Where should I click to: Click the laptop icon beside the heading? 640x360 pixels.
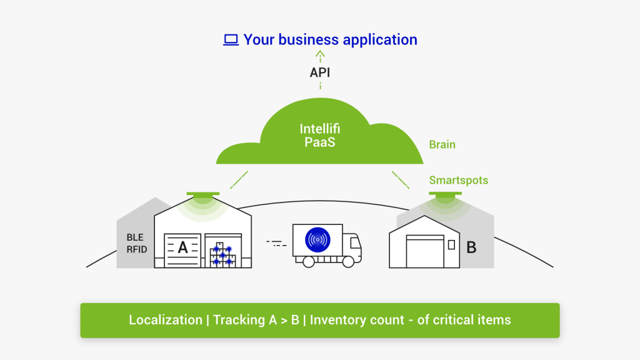point(231,41)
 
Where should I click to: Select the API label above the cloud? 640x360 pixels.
point(320,72)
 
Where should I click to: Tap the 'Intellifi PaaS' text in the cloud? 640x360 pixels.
point(320,136)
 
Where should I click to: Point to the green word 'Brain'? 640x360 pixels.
point(442,144)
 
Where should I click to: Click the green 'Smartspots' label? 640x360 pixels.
point(458,181)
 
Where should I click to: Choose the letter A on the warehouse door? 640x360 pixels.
point(182,247)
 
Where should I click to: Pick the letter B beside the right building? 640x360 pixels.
point(471,247)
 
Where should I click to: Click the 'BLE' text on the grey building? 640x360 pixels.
point(135,237)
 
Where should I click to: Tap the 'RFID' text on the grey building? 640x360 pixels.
point(137,249)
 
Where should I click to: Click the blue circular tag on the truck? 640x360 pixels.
point(317,239)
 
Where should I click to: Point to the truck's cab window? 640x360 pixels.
point(354,241)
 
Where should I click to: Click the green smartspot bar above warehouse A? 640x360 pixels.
point(202,195)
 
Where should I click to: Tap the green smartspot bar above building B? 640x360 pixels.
point(445,194)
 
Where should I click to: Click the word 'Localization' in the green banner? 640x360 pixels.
point(166,320)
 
